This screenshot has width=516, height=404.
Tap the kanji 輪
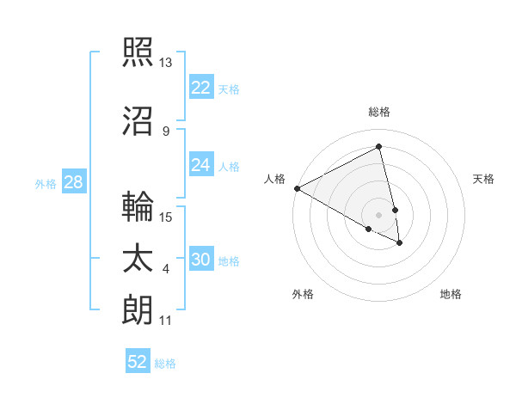[138, 206]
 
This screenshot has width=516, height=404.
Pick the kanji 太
[138, 259]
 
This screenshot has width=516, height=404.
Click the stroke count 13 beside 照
[166, 63]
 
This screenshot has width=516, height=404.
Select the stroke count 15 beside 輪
[167, 217]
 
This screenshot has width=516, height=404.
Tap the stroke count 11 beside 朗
[166, 321]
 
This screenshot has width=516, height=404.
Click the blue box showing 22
[201, 88]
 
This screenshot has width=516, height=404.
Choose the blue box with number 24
[201, 165]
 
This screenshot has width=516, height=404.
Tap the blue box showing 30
[201, 260]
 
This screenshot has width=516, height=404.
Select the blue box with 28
[73, 182]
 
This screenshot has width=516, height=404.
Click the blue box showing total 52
[138, 362]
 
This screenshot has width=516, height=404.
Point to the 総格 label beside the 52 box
[165, 364]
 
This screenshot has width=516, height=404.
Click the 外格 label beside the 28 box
[46, 184]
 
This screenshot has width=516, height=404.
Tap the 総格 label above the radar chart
[378, 112]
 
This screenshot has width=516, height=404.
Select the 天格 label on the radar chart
[483, 179]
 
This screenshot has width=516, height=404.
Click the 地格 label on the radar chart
[451, 294]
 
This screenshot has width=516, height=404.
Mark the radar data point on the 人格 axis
[297, 187]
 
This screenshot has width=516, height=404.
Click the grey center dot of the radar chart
[378, 214]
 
